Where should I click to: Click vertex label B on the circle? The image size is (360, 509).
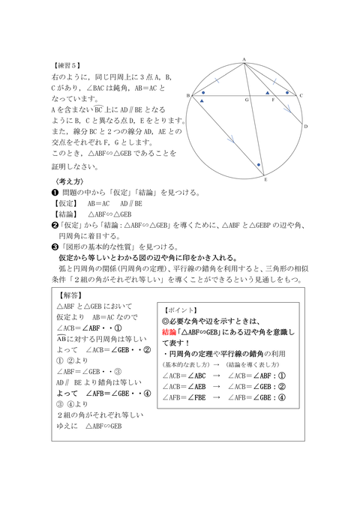[x=187, y=95]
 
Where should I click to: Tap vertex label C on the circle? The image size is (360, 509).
[x=301, y=95]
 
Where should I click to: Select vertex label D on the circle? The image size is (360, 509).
[x=306, y=127]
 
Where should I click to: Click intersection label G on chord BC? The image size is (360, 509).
[x=245, y=100]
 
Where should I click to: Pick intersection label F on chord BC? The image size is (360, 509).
[x=272, y=100]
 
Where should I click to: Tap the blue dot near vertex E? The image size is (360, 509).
[x=258, y=164]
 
